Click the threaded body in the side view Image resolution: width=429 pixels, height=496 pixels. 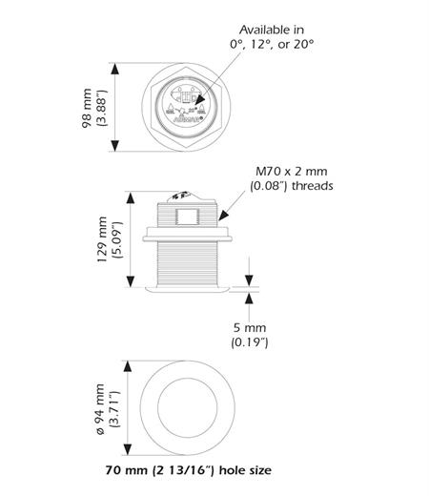[x=187, y=262]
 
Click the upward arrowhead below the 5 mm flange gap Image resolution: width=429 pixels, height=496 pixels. [x=249, y=294]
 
